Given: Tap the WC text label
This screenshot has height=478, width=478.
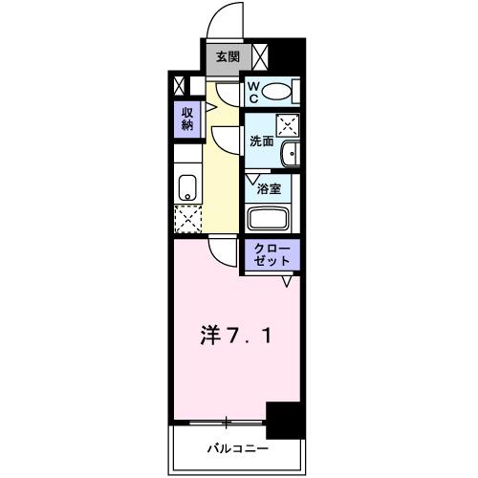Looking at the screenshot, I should [253, 91].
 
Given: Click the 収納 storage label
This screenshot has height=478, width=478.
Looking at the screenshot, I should [186, 119].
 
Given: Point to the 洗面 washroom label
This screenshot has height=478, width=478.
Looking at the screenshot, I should [260, 141].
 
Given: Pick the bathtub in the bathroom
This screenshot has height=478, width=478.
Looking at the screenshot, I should [272, 216].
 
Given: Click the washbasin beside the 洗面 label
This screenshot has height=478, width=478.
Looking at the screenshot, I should [291, 153].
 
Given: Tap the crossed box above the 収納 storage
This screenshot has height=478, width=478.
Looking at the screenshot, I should [177, 84].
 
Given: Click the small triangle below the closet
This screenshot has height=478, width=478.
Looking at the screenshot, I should [286, 281].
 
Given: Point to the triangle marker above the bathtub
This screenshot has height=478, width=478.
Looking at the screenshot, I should [251, 179].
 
